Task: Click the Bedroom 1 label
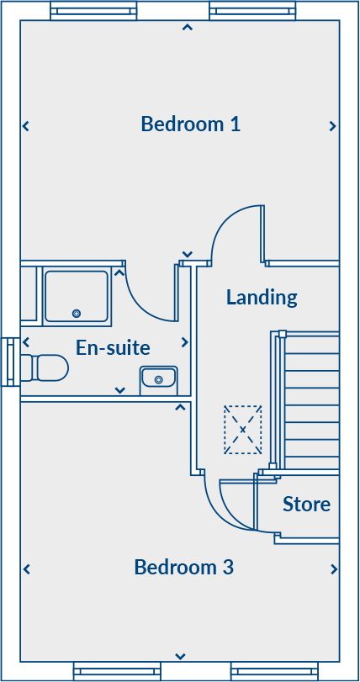[191, 124]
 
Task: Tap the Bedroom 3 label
[183, 568]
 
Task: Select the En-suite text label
[113, 347]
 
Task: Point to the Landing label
[262, 297]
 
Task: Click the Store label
[306, 505]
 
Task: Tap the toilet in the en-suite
[46, 367]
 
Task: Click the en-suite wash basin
[158, 380]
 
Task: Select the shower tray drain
[77, 313]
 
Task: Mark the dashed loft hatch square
[242, 430]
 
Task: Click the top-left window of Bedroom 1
[93, 10]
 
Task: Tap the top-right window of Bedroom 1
[251, 10]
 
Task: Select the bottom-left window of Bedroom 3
[117, 671]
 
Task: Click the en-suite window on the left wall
[10, 362]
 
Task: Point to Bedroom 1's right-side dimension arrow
[333, 126]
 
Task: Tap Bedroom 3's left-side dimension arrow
[26, 569]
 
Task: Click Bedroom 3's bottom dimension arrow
[180, 656]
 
